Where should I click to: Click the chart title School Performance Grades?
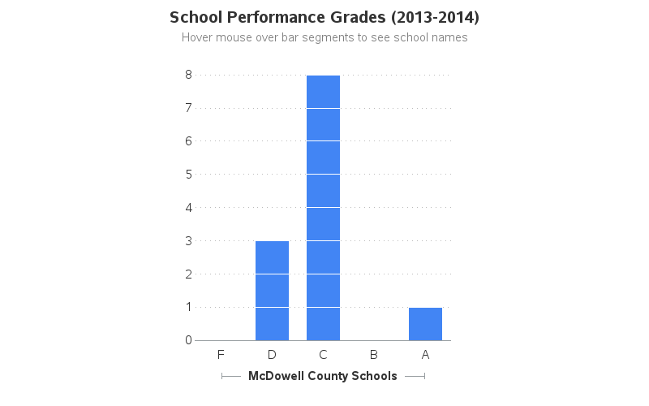pos(324,17)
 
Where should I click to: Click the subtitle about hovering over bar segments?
pos(324,37)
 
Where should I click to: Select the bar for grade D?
pos(272,291)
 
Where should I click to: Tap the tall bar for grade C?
pos(323,208)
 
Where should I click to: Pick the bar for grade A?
pos(425,324)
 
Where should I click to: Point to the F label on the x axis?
pos(221,354)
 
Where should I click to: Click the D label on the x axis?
pos(272,354)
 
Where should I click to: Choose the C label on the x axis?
pos(323,354)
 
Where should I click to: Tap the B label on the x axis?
pos(374,354)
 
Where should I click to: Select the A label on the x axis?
pos(425,354)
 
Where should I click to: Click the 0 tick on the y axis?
pos(188,340)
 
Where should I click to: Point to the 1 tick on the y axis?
pos(188,307)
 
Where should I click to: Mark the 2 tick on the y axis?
pos(188,274)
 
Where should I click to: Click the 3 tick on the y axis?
pos(188,240)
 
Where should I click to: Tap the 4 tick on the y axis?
pos(188,207)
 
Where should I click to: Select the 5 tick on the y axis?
pos(188,174)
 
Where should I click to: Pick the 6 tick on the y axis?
pos(188,140)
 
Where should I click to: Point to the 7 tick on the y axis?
pos(188,107)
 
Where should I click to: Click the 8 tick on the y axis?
pos(188,74)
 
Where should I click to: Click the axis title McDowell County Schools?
pos(323,376)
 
